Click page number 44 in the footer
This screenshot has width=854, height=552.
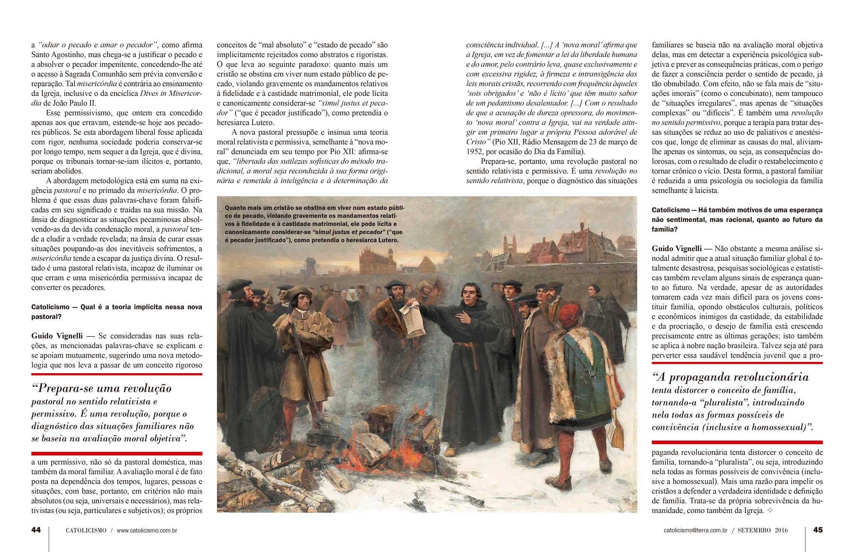tap(36, 530)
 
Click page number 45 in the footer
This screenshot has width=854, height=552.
tap(818, 530)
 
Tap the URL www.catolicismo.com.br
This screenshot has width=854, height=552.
tap(147, 531)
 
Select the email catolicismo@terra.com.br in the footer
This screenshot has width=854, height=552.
tap(696, 531)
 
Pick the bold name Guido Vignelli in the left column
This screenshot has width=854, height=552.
tap(57, 336)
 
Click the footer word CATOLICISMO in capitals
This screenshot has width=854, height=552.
tap(86, 531)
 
